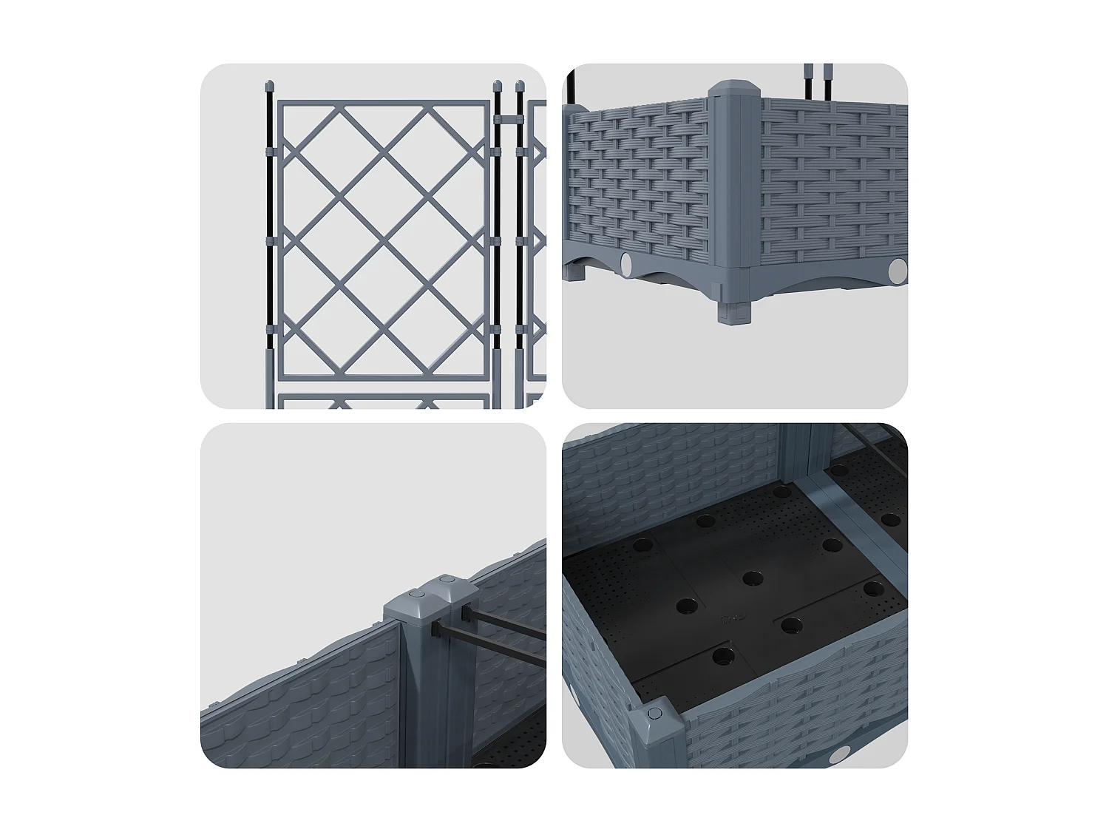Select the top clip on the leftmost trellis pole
pos(269,153)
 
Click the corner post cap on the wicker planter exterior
pos(734,89)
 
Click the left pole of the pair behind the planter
pos(807,81)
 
